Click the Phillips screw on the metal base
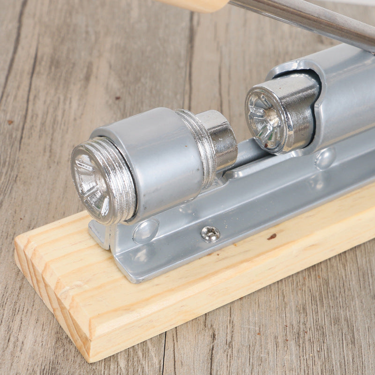point(210,233)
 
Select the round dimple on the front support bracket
point(146,231)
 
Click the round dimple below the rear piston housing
point(325,158)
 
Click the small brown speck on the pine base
point(272,237)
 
